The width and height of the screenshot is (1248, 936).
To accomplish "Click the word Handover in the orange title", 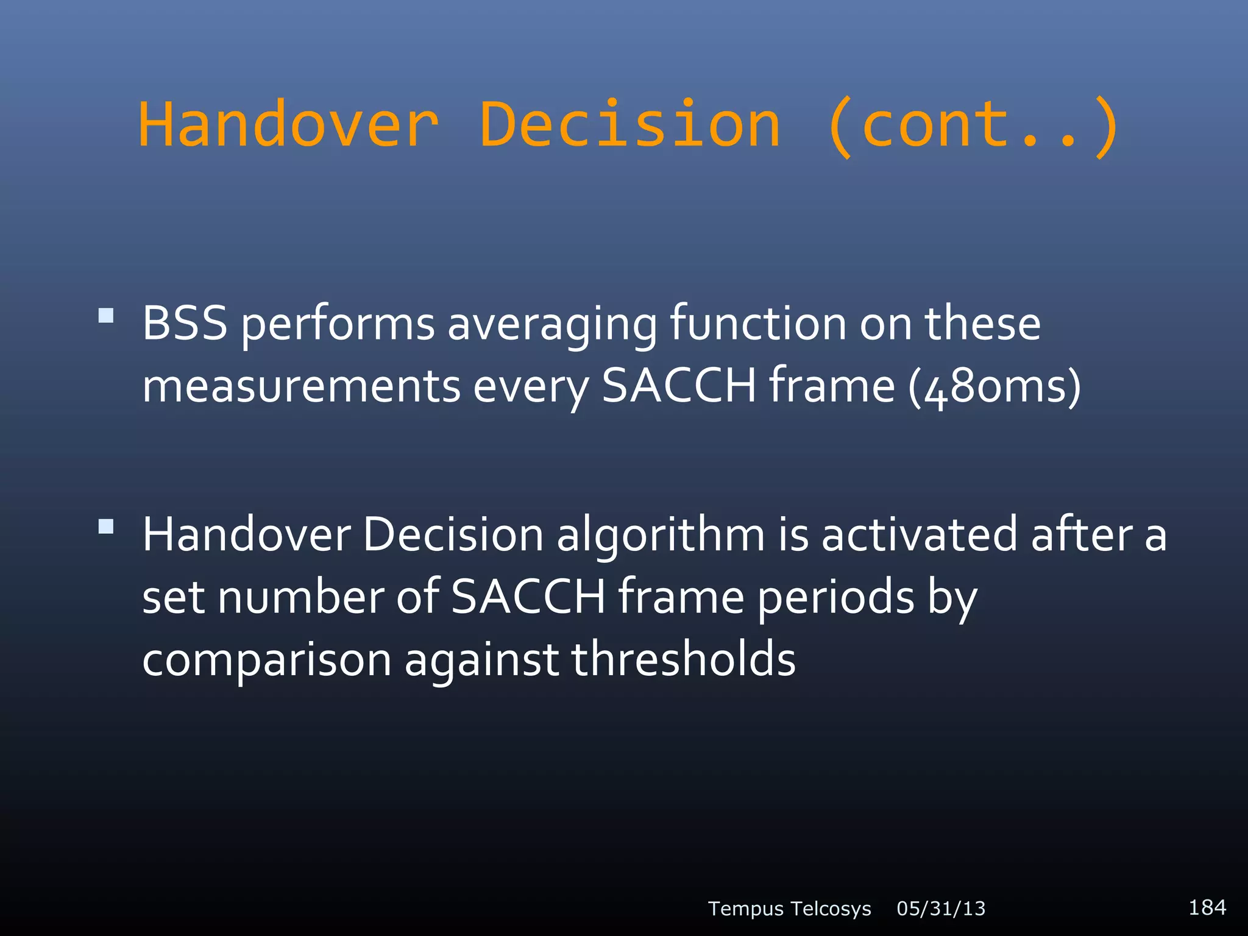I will coord(288,125).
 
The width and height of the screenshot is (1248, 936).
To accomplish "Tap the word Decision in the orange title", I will coord(630,125).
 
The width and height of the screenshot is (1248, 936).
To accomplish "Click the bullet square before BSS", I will coord(106,315).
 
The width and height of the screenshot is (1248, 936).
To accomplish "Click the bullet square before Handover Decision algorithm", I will coord(106,526).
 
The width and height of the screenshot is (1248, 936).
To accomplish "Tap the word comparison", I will coord(267,661).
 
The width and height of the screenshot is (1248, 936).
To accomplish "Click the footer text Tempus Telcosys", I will coord(789,909).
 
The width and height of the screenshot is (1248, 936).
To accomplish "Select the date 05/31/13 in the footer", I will coord(941,909).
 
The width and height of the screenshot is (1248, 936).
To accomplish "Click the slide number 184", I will coord(1207,907).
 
